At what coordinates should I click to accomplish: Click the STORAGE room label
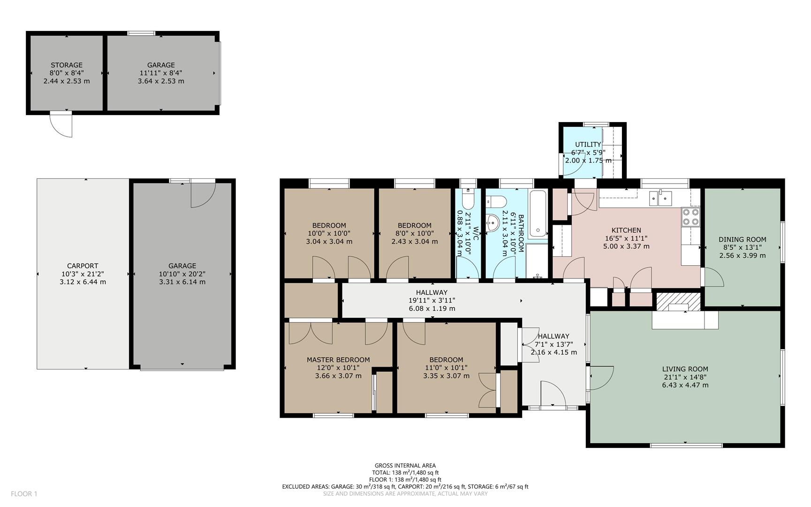[x=67, y=65]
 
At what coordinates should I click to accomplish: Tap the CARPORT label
[x=83, y=266]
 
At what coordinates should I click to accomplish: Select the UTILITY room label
[x=588, y=145]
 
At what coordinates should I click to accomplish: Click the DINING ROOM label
[x=743, y=239]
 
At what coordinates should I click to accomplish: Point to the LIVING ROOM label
[x=685, y=369]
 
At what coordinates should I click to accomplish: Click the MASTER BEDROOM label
[x=338, y=360]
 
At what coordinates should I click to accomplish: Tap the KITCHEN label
[x=626, y=230]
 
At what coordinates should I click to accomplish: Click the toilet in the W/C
[x=468, y=199]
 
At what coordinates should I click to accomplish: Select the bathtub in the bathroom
[x=538, y=214]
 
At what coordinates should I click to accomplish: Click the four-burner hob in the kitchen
[x=690, y=217]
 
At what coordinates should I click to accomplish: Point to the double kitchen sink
[x=660, y=198]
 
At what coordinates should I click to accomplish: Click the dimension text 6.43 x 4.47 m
[x=685, y=385]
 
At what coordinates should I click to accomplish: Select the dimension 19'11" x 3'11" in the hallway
[x=432, y=300]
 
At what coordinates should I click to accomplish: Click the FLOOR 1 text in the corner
[x=24, y=494]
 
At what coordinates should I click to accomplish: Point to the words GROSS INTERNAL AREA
[x=405, y=466]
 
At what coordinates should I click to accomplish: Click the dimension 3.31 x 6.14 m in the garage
[x=182, y=282]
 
